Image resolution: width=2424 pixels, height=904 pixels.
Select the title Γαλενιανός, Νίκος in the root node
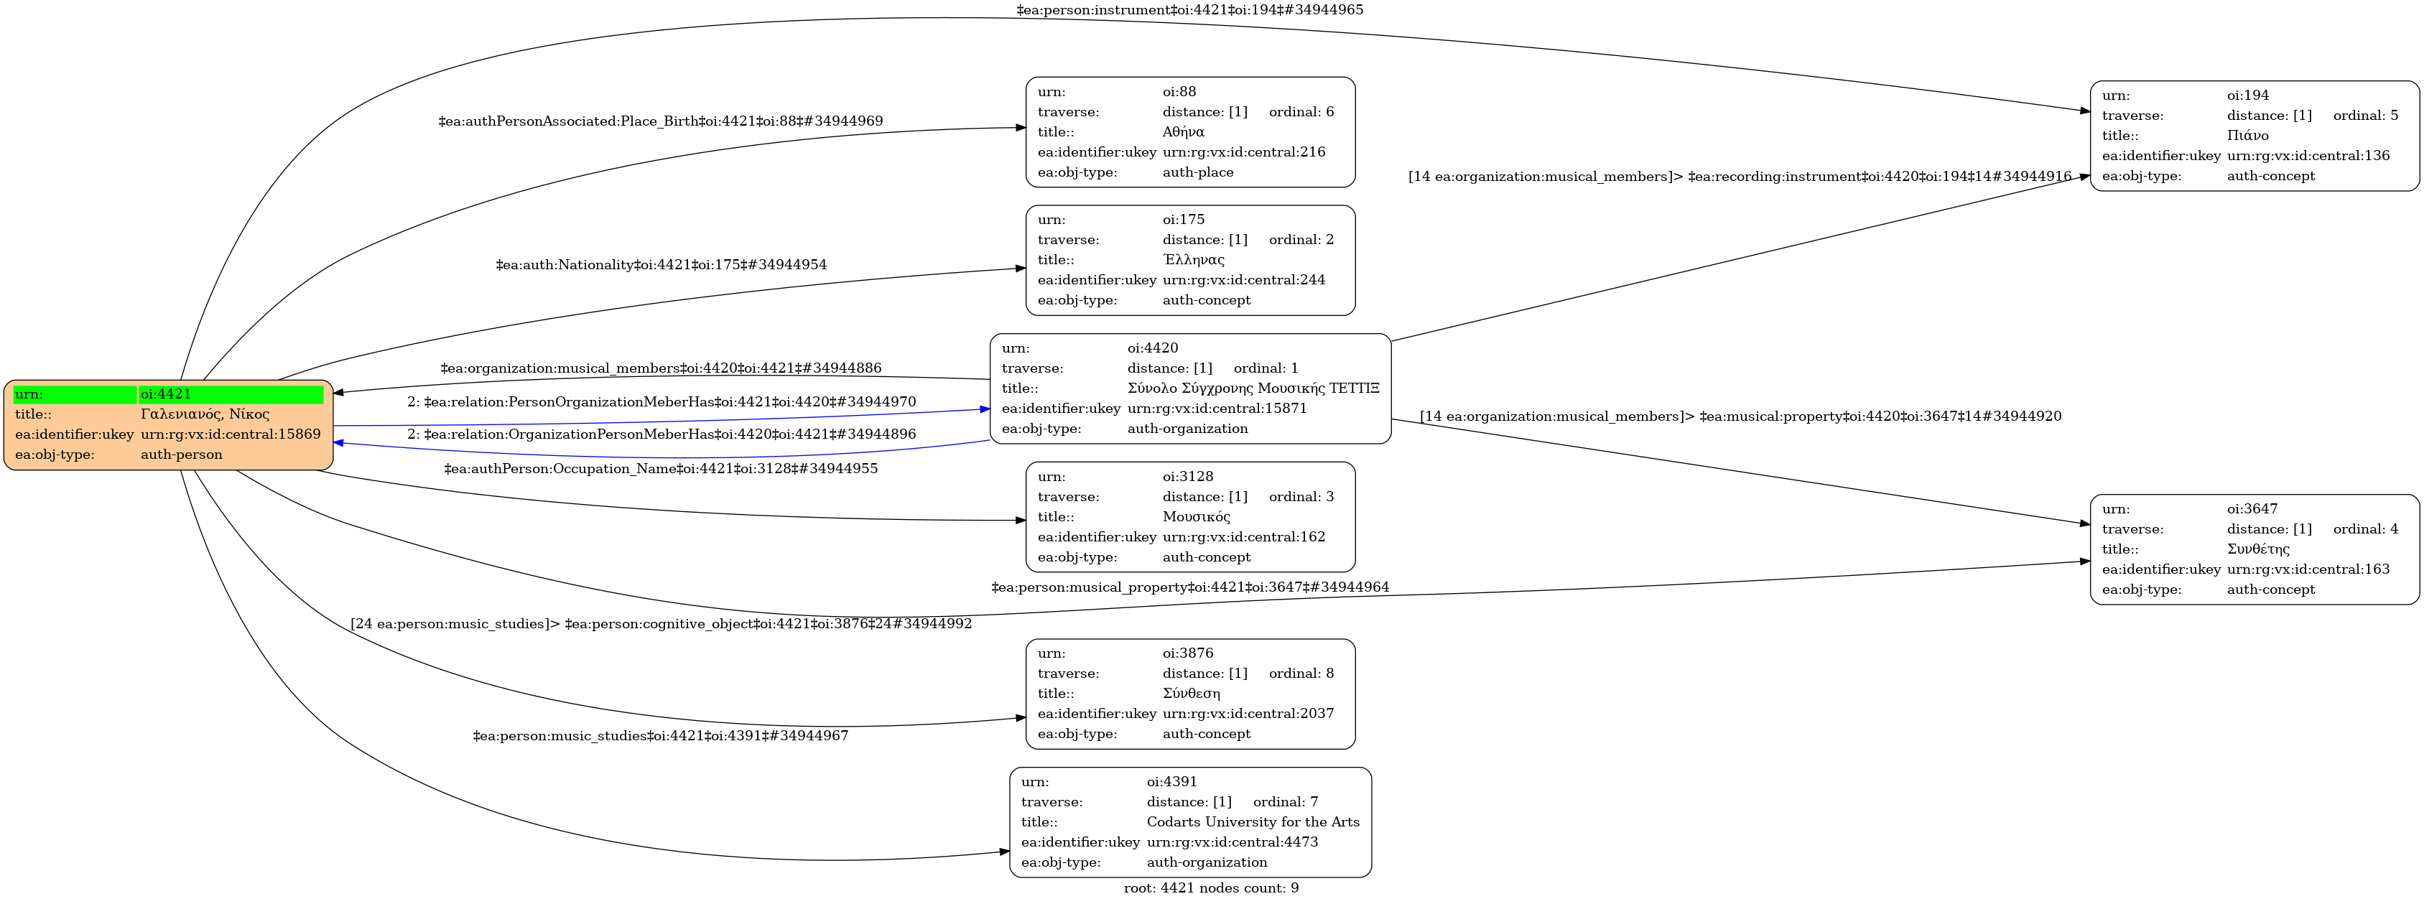pos(205,414)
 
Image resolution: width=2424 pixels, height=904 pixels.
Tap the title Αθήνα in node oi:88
pos(1183,131)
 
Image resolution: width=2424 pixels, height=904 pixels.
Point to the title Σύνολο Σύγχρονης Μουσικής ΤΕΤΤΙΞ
pos(1253,388)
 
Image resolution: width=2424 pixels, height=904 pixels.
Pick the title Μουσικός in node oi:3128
pos(1196,516)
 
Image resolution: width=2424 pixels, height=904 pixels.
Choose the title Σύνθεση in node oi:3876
pos(1192,694)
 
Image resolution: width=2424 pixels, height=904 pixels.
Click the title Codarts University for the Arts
pos(1253,821)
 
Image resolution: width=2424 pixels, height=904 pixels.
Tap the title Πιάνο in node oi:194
pos(2247,136)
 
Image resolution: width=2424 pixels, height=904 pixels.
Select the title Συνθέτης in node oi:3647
pos(2257,549)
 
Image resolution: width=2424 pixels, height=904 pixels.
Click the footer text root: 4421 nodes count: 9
pos(1211,888)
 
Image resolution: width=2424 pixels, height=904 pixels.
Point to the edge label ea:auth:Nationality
pos(661,265)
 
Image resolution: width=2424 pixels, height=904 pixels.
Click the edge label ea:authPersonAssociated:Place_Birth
pos(661,121)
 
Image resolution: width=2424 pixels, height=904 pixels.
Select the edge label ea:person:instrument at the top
pos(1189,10)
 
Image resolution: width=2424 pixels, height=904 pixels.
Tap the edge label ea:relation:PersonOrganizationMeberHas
pos(661,401)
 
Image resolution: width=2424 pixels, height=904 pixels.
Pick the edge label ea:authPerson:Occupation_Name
pos(661,468)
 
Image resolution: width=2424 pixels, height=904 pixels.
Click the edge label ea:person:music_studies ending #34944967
pos(661,735)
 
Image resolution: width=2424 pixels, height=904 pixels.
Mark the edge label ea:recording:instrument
pos(1739,176)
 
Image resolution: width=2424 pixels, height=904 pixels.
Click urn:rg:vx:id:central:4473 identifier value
pos(1232,842)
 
